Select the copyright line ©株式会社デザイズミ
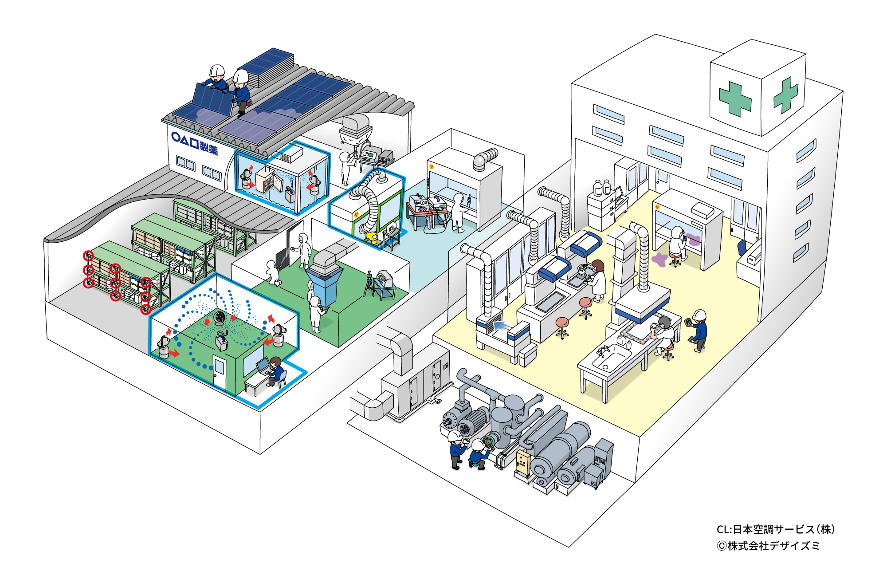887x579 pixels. point(768,546)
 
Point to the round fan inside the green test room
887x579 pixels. point(220,318)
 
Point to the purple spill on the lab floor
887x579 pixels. point(659,259)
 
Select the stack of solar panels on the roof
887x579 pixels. point(271,67)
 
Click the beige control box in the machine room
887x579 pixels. point(523,464)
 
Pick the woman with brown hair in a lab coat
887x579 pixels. point(598,280)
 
